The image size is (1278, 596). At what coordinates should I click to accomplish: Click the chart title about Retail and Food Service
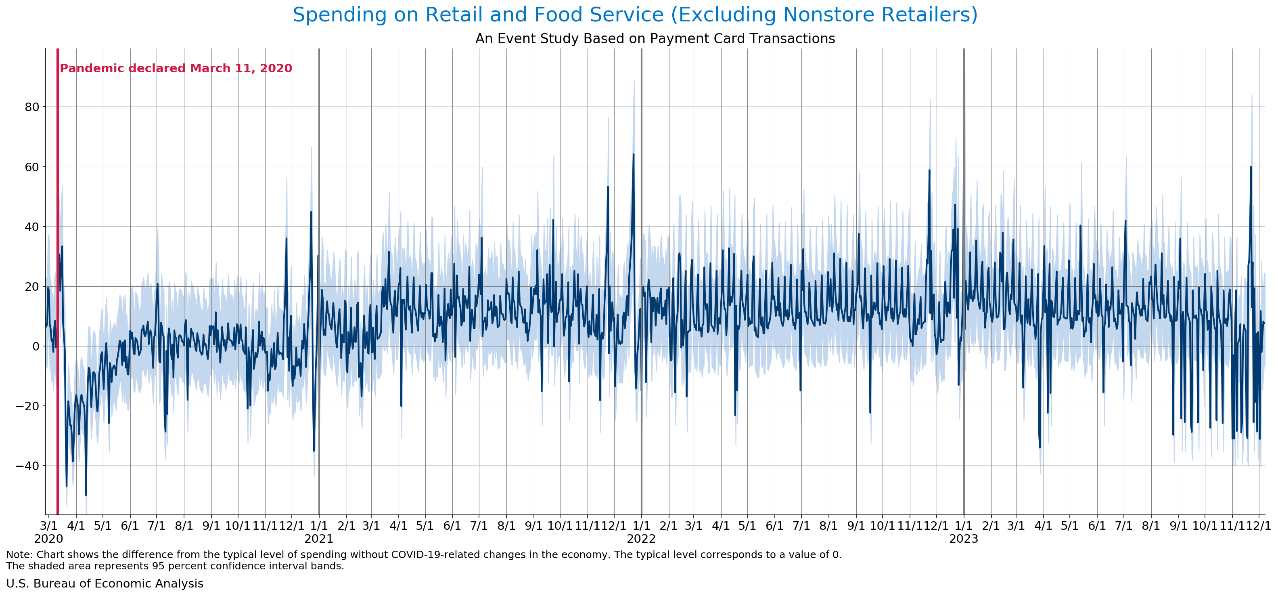tap(635, 15)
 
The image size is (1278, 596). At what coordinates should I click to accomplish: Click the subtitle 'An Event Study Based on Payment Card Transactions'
tap(655, 39)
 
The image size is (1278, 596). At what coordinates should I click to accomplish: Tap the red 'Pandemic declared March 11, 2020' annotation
tap(176, 69)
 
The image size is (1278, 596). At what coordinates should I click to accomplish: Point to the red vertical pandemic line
tap(58, 298)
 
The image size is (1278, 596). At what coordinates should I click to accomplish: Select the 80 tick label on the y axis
tap(29, 107)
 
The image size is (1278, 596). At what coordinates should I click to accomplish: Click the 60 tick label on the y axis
tap(29, 167)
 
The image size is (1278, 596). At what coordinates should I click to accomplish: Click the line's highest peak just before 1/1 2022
tap(633, 154)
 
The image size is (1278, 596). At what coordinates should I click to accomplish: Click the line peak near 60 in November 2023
tap(1251, 167)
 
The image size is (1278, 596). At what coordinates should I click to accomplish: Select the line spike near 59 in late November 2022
tap(929, 170)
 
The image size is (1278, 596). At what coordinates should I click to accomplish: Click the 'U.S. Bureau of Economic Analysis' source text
tap(105, 583)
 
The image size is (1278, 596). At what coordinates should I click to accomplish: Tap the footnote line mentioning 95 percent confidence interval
tap(175, 566)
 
